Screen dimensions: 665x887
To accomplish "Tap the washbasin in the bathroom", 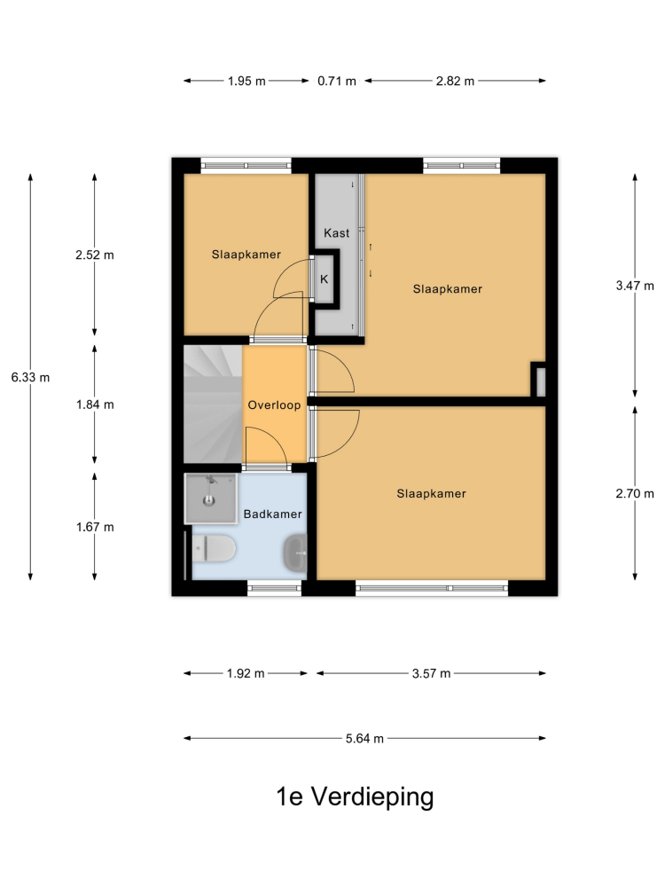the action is [294, 553].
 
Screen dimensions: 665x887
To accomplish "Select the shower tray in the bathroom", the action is [210, 498].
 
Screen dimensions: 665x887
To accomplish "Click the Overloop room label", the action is [274, 405].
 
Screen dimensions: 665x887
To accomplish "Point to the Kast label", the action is [336, 232].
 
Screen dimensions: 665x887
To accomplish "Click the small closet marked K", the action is [325, 279].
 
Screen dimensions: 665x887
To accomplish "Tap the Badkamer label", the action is [272, 514].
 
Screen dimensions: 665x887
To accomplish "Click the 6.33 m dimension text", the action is [30, 377].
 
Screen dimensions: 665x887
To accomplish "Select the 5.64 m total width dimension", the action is [364, 738].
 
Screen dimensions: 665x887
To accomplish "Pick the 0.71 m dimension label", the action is [337, 81].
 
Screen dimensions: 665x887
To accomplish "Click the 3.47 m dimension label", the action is [635, 286].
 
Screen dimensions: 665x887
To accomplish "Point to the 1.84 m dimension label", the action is [95, 404].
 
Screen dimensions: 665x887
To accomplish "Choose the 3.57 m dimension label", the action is [432, 673].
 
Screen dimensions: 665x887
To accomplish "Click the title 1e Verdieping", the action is [356, 797].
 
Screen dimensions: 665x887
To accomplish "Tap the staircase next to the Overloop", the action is [213, 404].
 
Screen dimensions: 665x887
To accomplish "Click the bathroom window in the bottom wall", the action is [275, 588].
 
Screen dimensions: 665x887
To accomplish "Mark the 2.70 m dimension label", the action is [635, 493].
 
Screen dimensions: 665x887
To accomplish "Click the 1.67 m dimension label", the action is [95, 527].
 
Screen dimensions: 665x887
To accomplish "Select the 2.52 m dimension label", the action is [95, 255].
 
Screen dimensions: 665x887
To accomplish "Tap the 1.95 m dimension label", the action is [246, 81].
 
